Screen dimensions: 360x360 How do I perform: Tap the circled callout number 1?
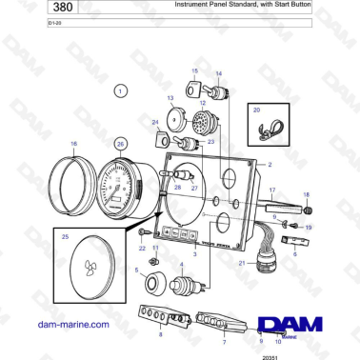pyautogui.click(x=120, y=90)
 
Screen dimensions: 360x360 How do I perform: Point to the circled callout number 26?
pyautogui.click(x=120, y=143)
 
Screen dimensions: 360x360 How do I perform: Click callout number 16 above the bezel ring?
pyautogui.click(x=73, y=143)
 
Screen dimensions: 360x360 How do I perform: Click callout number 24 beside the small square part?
pyautogui.click(x=156, y=122)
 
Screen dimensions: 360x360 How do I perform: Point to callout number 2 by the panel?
pyautogui.click(x=270, y=165)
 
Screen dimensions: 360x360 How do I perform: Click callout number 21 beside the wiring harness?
pyautogui.click(x=242, y=262)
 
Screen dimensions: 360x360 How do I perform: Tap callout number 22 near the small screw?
pyautogui.click(x=142, y=249)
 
